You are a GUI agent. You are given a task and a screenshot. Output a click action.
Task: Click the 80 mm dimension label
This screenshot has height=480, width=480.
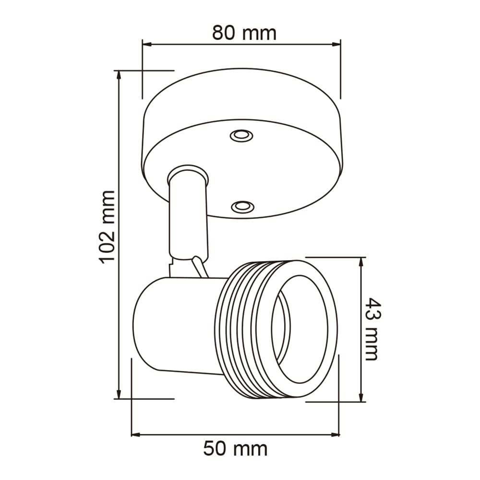point(244,33)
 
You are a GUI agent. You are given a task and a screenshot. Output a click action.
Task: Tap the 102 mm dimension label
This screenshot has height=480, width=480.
point(107,227)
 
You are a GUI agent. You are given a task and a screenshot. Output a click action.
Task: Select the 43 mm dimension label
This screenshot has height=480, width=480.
point(373,329)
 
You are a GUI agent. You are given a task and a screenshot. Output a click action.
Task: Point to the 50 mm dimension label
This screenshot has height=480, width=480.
point(235,449)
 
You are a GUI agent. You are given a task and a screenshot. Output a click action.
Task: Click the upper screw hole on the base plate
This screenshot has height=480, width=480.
point(241,135)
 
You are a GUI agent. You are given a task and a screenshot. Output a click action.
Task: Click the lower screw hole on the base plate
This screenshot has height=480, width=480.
point(242,206)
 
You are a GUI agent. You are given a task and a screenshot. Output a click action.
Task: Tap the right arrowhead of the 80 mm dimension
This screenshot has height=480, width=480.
point(336,44)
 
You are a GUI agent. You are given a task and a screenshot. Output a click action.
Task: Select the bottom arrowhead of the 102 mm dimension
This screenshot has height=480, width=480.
point(119,394)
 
